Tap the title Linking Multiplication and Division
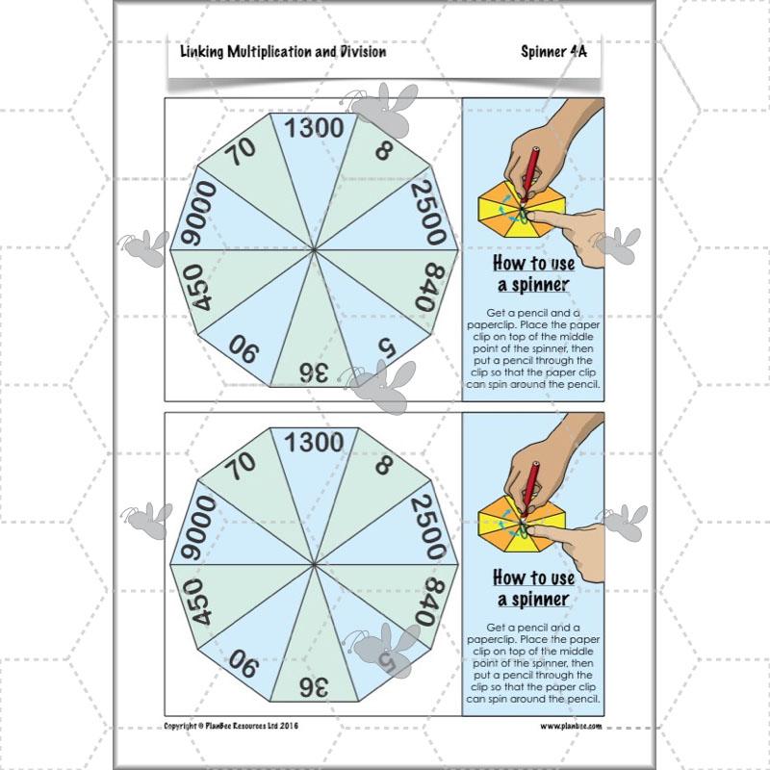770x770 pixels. click(283, 52)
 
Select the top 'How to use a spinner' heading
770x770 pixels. click(532, 272)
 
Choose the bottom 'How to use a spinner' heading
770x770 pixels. click(532, 588)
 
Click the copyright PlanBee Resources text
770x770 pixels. click(231, 726)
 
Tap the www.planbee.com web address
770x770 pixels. click(571, 726)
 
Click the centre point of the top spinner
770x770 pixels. click(316, 250)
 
